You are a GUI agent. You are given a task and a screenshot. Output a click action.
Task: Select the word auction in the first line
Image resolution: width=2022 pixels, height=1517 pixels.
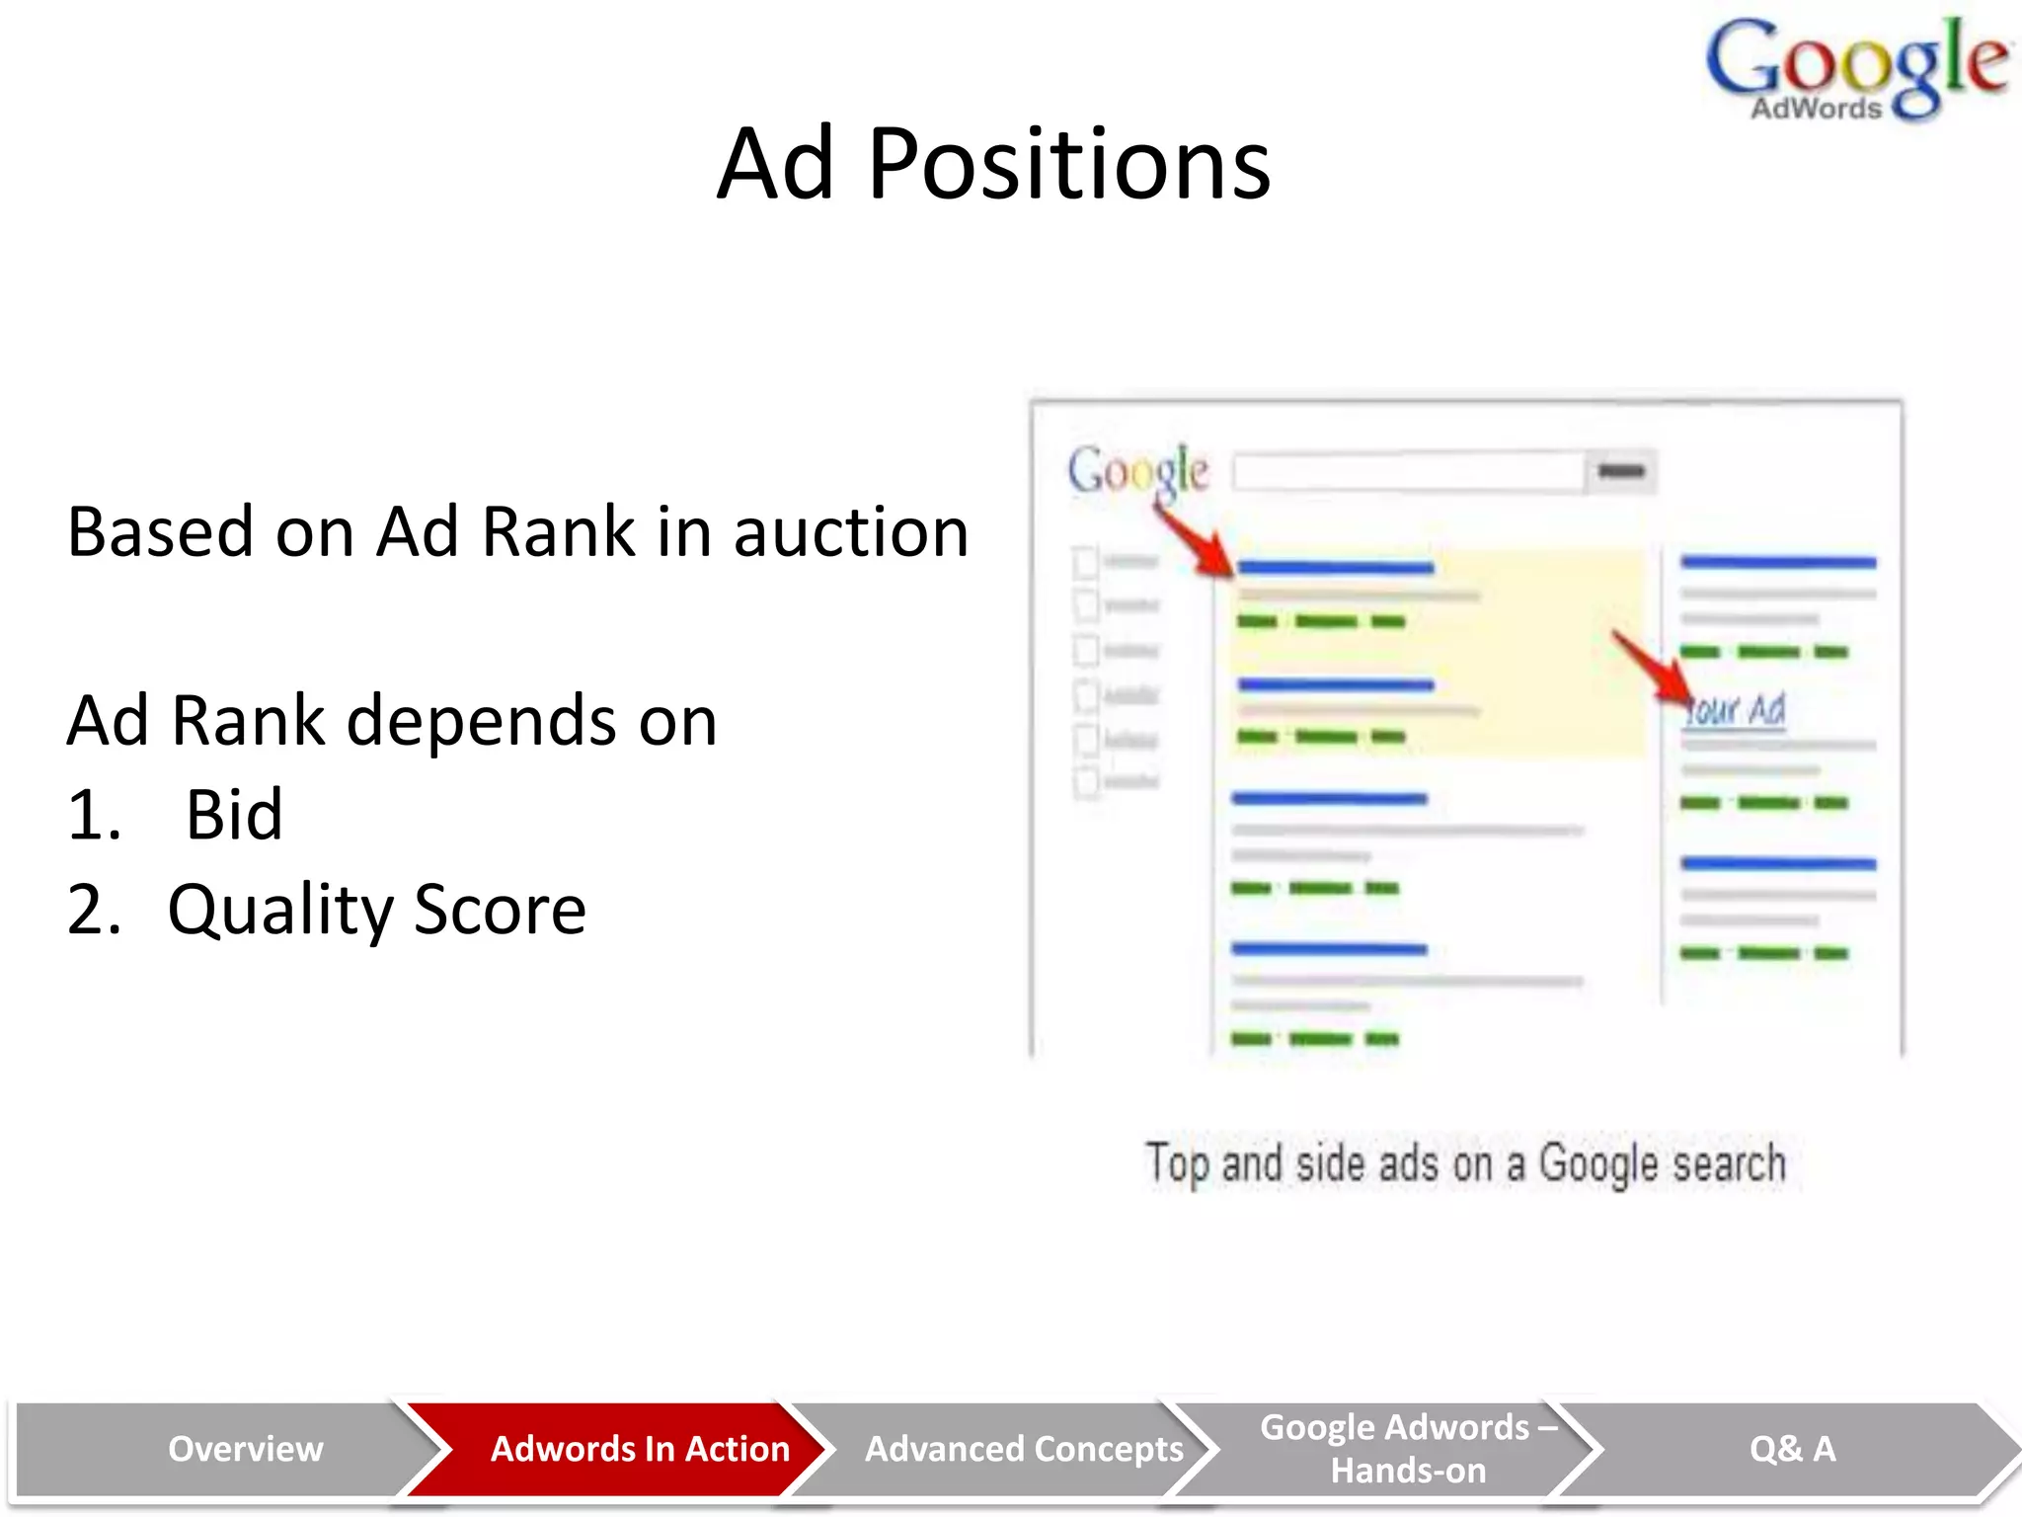tap(850, 532)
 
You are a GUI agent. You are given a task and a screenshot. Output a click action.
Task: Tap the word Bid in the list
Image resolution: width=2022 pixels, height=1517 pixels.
tap(234, 816)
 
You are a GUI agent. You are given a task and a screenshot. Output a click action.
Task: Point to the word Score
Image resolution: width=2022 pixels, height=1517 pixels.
tap(500, 910)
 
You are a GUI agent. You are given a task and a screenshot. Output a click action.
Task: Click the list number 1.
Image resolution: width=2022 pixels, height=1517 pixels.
tap(93, 816)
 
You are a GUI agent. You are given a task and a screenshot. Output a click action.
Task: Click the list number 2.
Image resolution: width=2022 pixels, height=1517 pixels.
tap(93, 910)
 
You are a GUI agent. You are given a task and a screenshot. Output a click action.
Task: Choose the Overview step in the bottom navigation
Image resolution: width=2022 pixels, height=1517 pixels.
tap(245, 1449)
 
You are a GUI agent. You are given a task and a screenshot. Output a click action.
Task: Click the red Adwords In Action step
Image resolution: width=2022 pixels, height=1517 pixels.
tap(640, 1449)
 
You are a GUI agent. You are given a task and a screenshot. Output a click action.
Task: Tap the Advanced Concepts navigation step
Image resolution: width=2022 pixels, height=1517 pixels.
tap(1024, 1449)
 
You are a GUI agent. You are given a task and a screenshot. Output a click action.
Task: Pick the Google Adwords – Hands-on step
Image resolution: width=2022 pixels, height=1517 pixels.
tap(1408, 1449)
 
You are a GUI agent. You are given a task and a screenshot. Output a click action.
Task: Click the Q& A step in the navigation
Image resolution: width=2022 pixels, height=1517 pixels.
tap(1792, 1449)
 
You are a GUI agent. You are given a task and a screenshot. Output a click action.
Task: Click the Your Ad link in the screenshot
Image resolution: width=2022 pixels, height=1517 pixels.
tap(1736, 709)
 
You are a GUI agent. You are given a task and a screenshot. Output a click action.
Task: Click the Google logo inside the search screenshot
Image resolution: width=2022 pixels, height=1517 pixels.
tap(1137, 471)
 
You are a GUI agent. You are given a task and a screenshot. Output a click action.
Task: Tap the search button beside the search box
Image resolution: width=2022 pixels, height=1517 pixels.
tap(1621, 471)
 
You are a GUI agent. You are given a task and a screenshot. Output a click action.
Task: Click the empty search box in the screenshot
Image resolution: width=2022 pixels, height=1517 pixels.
tap(1408, 471)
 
